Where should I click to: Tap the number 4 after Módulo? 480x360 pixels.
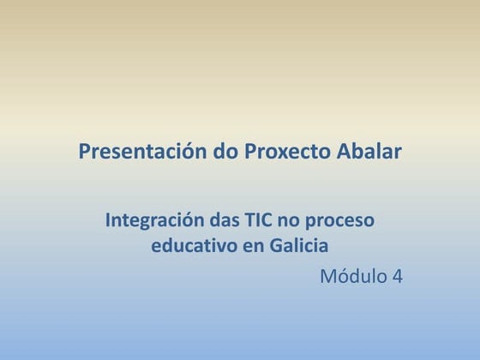click(x=397, y=277)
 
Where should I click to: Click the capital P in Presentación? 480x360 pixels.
click(x=84, y=153)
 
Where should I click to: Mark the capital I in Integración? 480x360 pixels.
click(x=108, y=220)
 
